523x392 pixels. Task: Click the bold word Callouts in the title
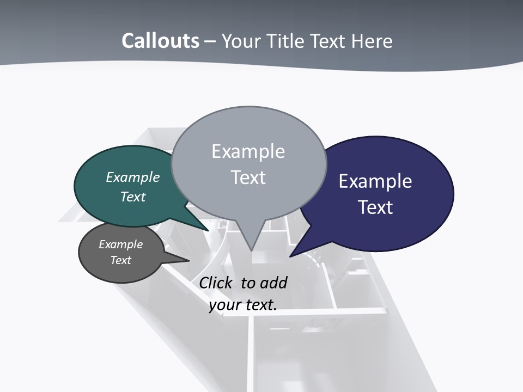(160, 41)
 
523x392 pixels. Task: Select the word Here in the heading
(373, 41)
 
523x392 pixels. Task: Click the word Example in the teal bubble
(133, 177)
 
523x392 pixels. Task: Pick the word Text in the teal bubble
(133, 197)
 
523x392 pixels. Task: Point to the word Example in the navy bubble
(375, 181)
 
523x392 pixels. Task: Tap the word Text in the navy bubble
(375, 207)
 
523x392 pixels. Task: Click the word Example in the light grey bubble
(248, 151)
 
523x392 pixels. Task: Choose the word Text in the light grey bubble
(248, 177)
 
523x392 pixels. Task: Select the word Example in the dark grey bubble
(121, 244)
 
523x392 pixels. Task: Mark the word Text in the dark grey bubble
(121, 260)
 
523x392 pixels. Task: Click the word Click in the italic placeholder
(217, 283)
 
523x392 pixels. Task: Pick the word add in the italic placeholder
(273, 283)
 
